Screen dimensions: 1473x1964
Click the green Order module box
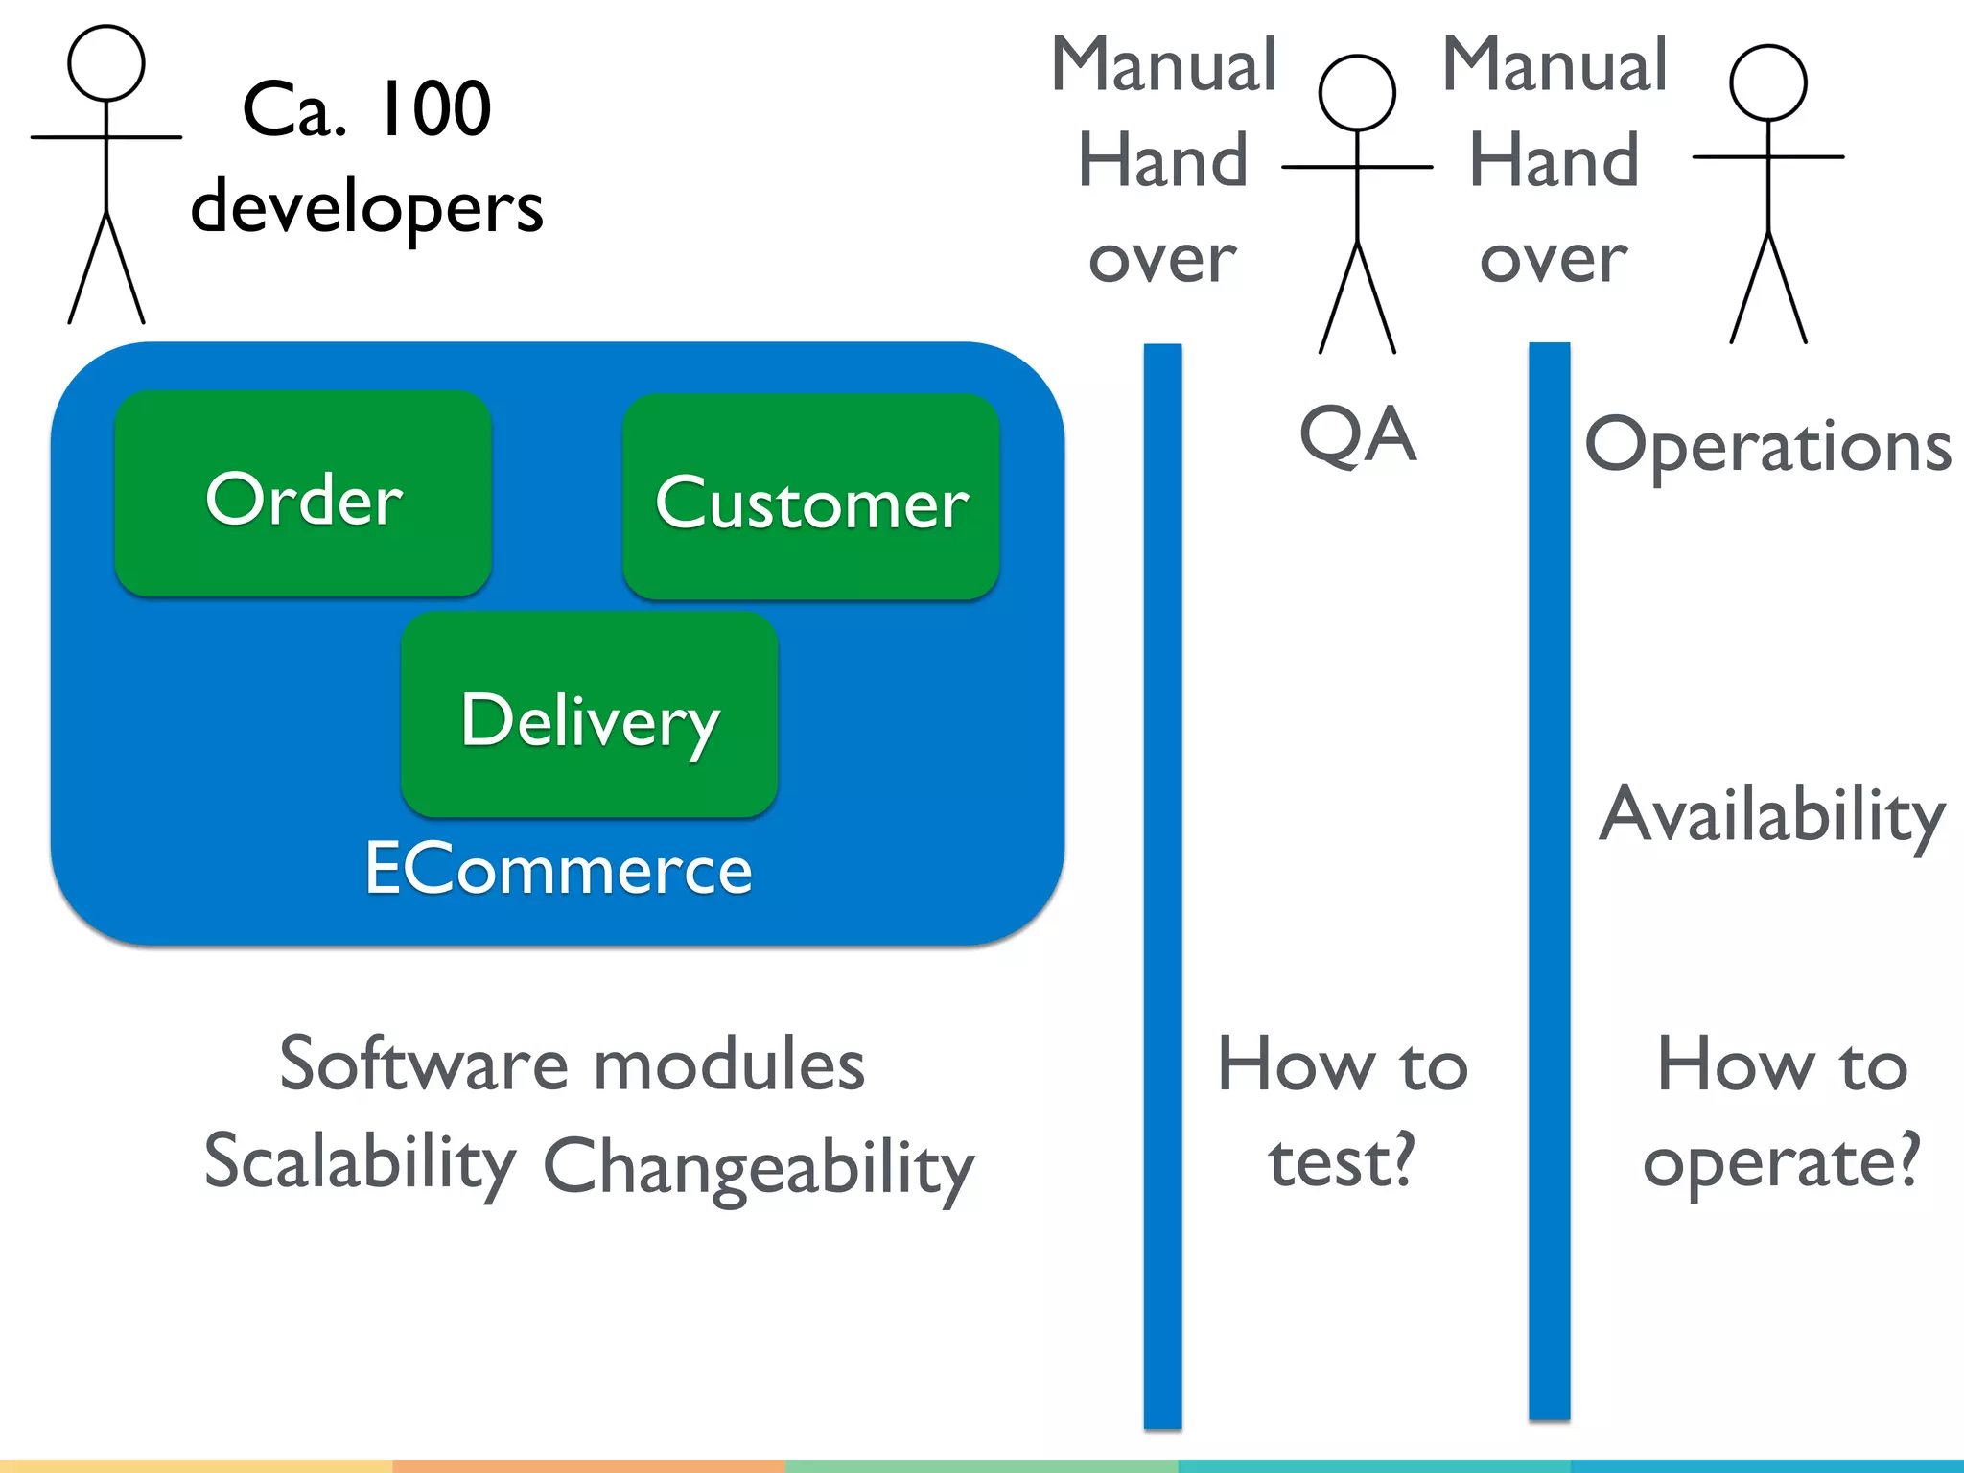[x=303, y=493]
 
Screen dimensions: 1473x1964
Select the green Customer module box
[x=811, y=497]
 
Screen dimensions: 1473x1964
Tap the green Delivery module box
[x=589, y=714]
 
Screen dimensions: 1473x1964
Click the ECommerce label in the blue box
[x=558, y=869]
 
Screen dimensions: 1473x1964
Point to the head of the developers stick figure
[x=106, y=63]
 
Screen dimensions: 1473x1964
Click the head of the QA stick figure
[x=1356, y=93]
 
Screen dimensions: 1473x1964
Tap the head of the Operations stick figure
[x=1767, y=83]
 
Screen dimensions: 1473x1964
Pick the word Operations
[x=1767, y=447]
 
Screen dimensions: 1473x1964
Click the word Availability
[x=1772, y=815]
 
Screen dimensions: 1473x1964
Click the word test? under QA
[x=1342, y=1161]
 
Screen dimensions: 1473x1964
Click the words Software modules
[x=572, y=1064]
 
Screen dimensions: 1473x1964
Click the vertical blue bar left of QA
[x=1162, y=882]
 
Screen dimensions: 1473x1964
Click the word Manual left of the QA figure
[x=1163, y=65]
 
